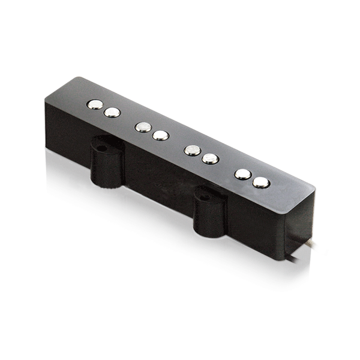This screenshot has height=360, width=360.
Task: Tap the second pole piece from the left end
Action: click(112, 112)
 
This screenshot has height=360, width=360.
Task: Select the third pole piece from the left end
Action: click(143, 127)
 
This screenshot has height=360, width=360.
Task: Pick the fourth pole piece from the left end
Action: click(160, 136)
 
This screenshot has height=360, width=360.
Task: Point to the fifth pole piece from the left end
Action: click(192, 150)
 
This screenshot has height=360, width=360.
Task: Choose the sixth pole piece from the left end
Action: click(209, 159)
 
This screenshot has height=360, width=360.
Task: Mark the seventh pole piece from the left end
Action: click(242, 174)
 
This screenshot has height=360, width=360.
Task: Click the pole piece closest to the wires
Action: click(260, 182)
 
